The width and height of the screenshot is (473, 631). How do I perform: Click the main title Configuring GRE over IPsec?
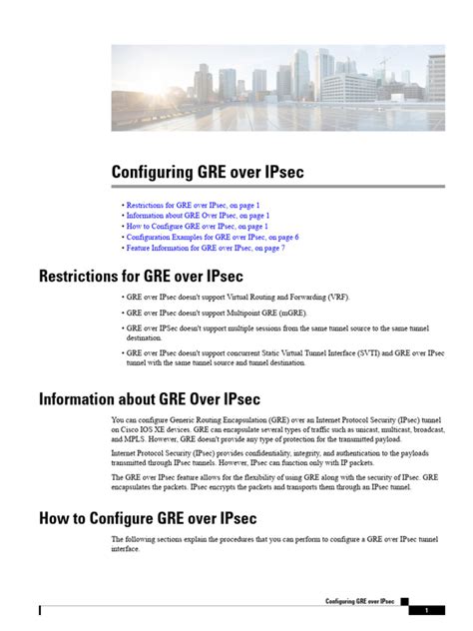point(207,174)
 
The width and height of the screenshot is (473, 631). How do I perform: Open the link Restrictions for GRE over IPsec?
point(192,205)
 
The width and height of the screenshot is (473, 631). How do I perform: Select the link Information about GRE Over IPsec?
point(197,216)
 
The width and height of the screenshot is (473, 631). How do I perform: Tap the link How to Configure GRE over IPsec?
point(196,227)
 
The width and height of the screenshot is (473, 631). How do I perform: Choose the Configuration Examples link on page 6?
point(212,238)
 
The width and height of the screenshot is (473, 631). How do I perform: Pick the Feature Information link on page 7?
point(205,249)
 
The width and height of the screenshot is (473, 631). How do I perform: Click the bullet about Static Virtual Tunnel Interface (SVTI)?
point(284,357)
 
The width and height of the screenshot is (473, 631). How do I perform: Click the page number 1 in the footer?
point(426,610)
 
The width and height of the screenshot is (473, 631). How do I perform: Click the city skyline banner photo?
point(277,87)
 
